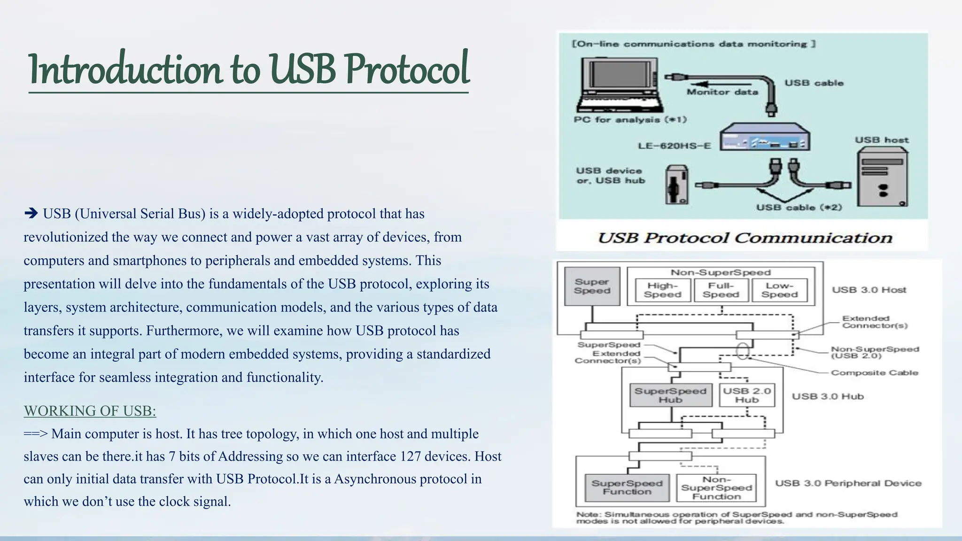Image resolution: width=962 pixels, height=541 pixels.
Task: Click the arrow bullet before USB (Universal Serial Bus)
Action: (31, 214)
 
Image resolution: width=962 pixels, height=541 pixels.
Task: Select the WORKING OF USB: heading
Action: (90, 411)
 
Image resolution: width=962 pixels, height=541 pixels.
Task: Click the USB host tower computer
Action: (882, 177)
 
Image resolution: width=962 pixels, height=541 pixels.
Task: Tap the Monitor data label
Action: (722, 93)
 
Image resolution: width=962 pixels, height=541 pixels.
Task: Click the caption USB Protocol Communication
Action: (745, 238)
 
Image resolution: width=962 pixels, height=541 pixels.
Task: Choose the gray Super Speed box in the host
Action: (592, 286)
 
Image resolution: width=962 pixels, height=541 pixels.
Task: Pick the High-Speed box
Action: (662, 290)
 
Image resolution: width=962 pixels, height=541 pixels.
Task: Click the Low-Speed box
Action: (779, 290)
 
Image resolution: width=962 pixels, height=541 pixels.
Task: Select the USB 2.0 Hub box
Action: (746, 395)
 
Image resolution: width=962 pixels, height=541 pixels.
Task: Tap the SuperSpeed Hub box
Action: (670, 395)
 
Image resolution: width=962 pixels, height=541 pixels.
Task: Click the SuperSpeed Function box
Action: (627, 487)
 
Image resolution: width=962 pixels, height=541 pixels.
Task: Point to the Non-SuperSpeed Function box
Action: (716, 488)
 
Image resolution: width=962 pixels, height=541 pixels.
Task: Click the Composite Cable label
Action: (874, 373)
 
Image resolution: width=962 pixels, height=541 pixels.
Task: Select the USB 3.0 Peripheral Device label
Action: (848, 483)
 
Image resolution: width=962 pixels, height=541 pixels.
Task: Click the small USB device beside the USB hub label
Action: (676, 185)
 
